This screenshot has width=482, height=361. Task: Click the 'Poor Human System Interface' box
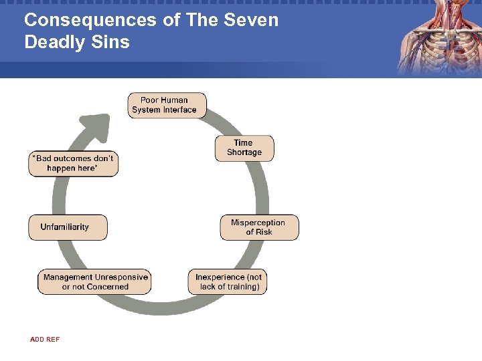tap(167, 105)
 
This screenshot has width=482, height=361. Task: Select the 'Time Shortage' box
tap(244, 148)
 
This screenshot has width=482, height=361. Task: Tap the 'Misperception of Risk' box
tap(258, 227)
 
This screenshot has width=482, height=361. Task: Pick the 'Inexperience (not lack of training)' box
tap(228, 281)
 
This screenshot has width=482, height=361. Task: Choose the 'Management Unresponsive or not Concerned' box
tap(94, 281)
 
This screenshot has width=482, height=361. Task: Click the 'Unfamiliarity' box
tap(67, 227)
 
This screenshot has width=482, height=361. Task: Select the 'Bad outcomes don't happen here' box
tap(73, 164)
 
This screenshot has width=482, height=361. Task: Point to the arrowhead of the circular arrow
tap(96, 124)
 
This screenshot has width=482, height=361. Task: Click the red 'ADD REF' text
tap(45, 340)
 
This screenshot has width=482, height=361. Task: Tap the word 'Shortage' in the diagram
tap(244, 152)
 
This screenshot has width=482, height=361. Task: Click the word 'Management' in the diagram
tap(68, 277)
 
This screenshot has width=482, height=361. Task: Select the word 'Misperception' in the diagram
tap(258, 223)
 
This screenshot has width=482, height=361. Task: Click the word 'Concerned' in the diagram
tap(104, 287)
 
